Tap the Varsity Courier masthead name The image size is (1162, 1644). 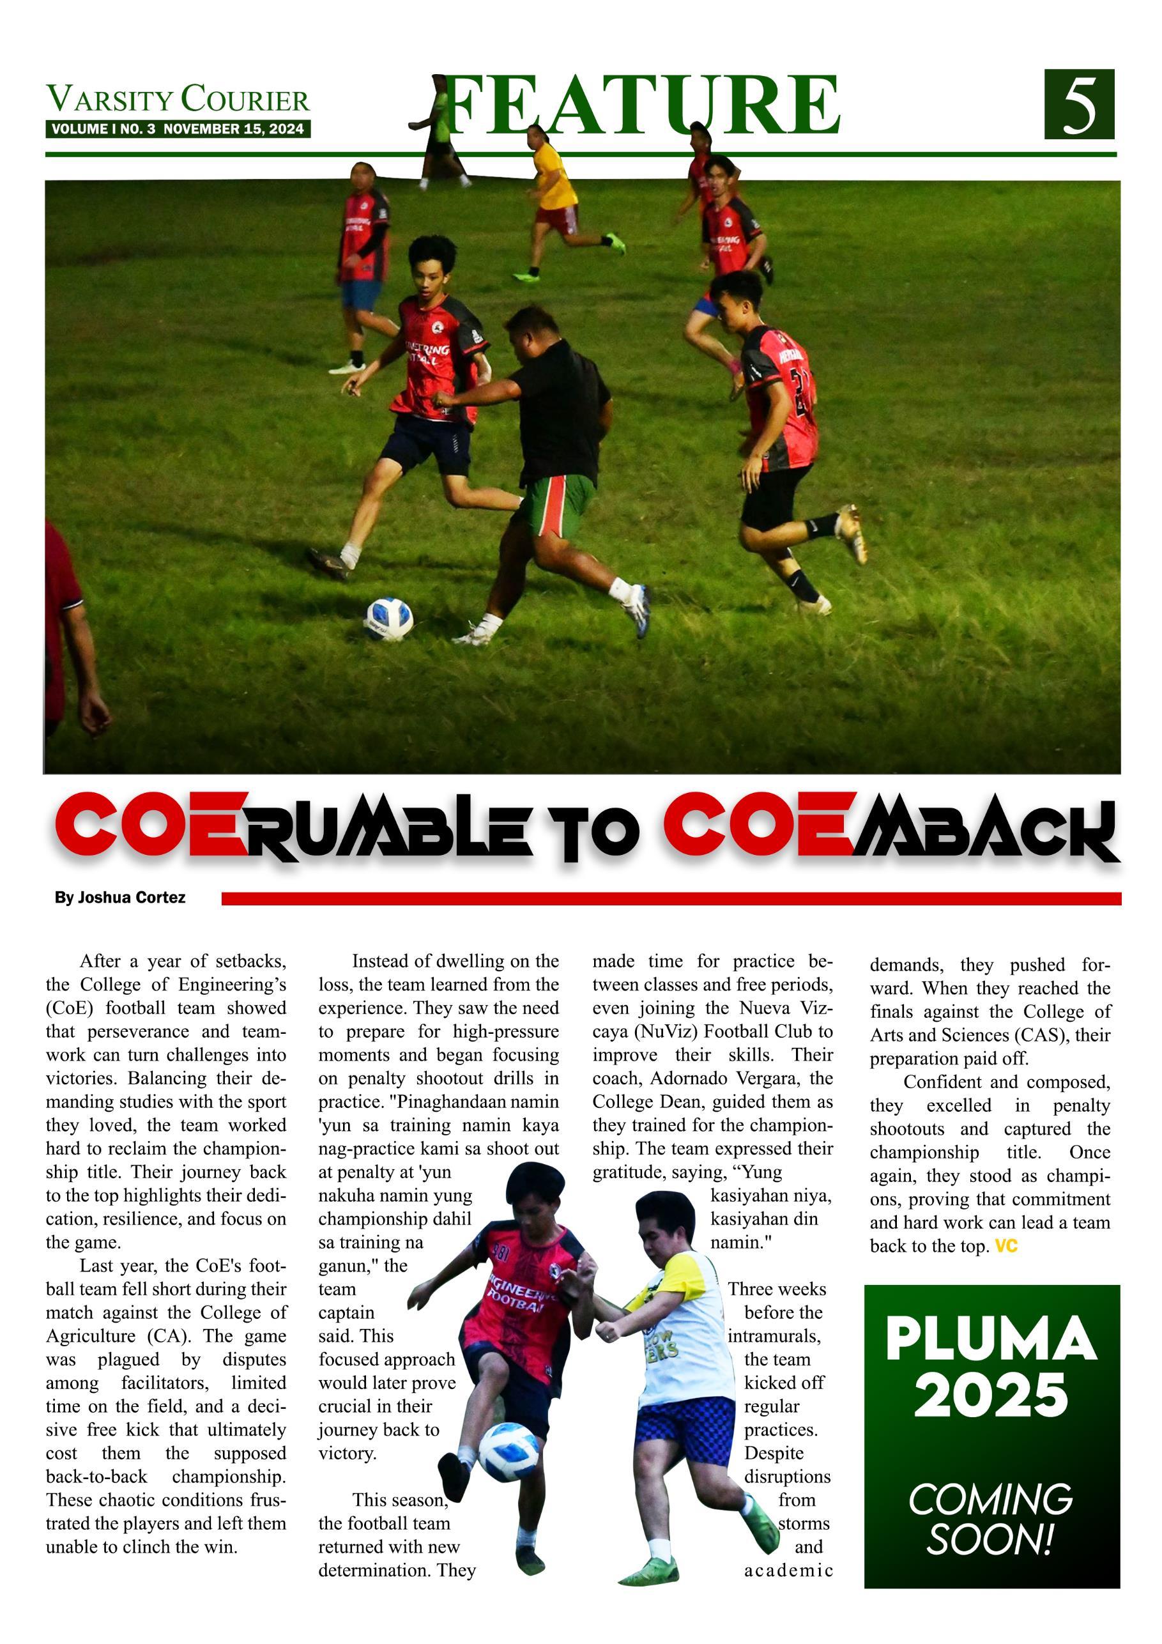178,100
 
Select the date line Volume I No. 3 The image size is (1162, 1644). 178,130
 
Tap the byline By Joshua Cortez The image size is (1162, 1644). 120,898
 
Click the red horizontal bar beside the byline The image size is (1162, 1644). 671,898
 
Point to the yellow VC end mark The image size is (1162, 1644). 1006,1247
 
